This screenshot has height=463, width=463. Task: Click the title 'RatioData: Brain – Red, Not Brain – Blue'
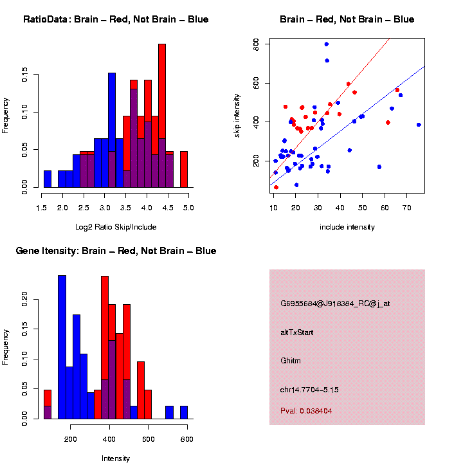[116, 19]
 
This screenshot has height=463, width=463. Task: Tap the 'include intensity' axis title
[347, 227]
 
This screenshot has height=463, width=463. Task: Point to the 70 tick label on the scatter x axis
[406, 208]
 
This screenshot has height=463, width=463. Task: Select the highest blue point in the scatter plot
[327, 44]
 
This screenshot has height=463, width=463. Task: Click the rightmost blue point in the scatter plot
[419, 125]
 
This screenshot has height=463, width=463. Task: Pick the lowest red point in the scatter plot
[276, 187]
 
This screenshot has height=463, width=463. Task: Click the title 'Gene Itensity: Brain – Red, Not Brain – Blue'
[116, 251]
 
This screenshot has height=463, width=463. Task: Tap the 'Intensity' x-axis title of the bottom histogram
[116, 458]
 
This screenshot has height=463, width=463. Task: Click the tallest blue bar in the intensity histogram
[62, 347]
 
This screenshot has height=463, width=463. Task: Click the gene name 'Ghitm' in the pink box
[290, 361]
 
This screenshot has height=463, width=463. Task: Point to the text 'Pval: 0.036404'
[307, 410]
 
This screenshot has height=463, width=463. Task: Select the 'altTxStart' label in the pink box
[297, 332]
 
